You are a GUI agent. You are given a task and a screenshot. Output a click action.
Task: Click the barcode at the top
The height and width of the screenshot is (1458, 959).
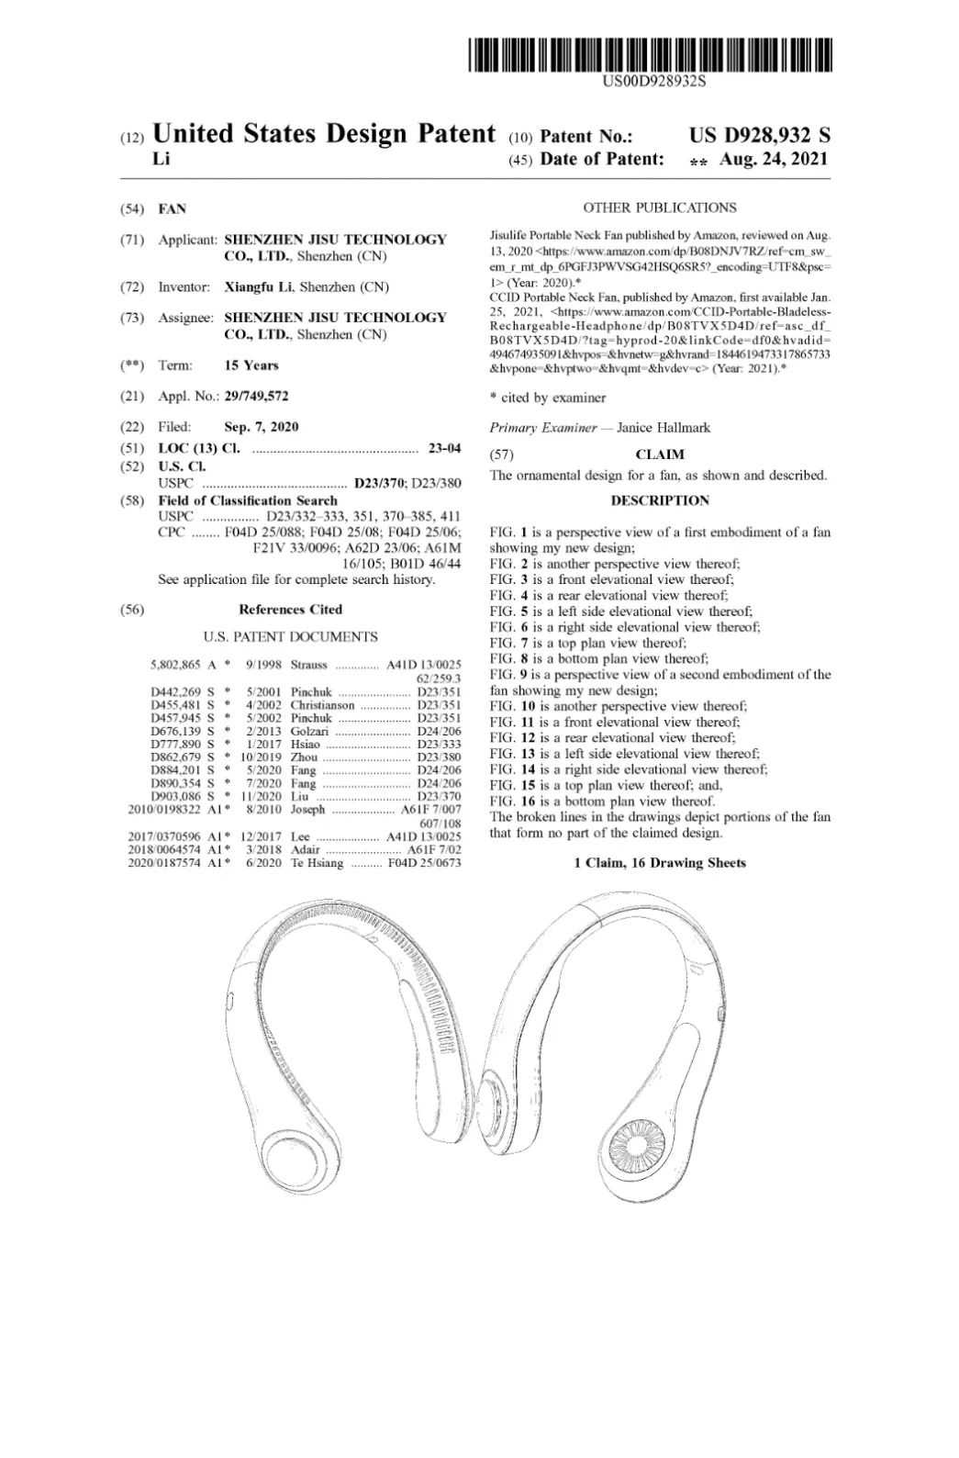point(652,54)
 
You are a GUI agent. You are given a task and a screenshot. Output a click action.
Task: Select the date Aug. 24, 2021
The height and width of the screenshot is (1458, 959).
point(775,159)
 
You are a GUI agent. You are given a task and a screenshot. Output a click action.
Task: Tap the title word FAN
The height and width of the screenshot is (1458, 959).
point(172,209)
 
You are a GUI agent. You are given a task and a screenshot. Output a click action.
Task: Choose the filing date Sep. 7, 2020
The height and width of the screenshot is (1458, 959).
point(261,427)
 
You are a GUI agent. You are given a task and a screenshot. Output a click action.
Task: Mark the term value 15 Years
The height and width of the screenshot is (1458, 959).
point(251,365)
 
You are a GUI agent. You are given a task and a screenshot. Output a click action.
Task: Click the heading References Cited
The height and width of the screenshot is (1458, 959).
point(290,610)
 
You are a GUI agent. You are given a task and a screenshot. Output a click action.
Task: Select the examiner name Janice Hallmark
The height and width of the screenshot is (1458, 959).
point(663,428)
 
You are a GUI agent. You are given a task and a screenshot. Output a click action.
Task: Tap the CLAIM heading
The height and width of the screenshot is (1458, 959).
point(659,454)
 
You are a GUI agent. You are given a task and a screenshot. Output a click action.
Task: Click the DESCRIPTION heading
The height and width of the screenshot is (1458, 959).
point(659,500)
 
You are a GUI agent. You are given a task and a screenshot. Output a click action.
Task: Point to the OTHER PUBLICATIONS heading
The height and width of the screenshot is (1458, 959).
point(659,207)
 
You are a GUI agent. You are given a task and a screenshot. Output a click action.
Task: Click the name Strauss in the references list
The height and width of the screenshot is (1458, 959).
point(309,665)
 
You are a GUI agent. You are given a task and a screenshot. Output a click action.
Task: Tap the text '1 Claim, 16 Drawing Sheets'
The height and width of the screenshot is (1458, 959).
point(659,863)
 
